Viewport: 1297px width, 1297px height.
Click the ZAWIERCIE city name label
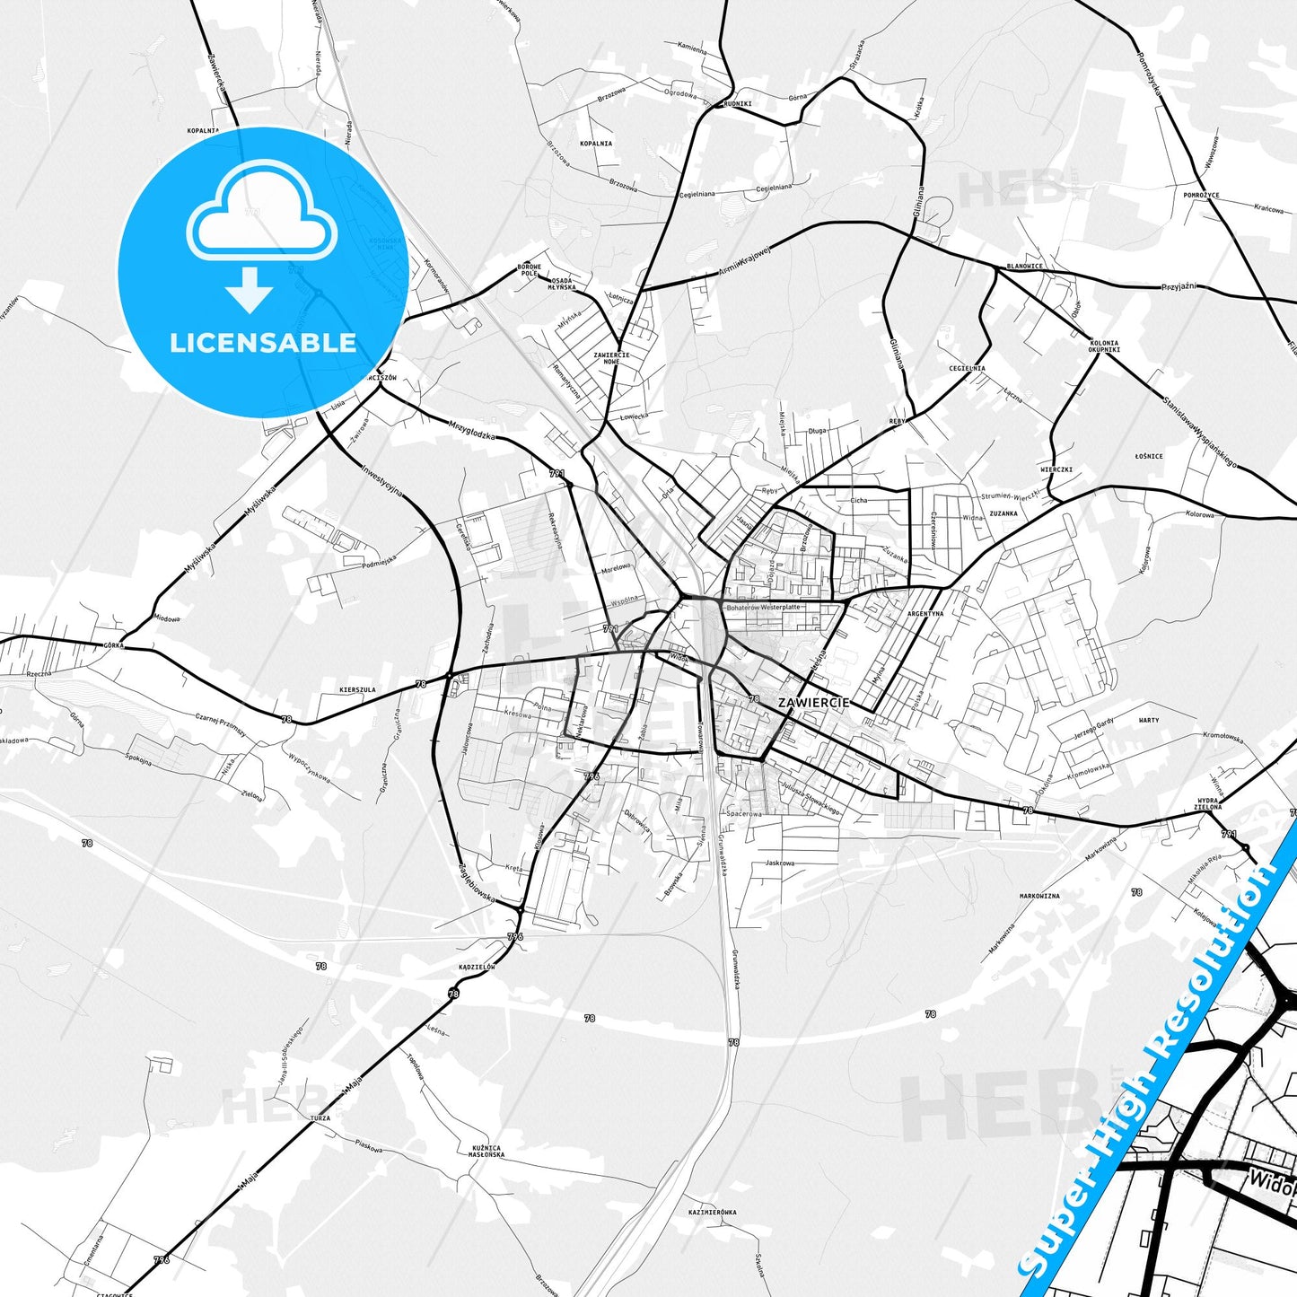(x=813, y=702)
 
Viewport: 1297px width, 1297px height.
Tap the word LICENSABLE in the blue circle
(x=263, y=343)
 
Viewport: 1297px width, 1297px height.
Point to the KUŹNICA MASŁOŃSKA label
(x=486, y=1151)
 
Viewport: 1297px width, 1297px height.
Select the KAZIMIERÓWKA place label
(x=712, y=1212)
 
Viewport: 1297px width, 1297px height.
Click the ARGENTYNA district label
(x=925, y=614)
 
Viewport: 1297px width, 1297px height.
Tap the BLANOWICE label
(x=1024, y=266)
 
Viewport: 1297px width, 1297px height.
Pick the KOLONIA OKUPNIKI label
(x=1104, y=346)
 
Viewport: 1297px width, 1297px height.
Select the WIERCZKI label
(x=1056, y=469)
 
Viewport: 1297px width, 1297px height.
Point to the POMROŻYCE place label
(x=1201, y=195)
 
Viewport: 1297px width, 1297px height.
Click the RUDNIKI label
(x=737, y=103)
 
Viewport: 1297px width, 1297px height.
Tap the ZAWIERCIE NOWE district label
(x=611, y=358)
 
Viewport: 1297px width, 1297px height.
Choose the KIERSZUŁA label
(x=357, y=689)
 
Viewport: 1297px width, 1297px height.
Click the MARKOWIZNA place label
(x=1039, y=896)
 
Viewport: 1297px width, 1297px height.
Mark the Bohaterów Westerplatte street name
(x=762, y=608)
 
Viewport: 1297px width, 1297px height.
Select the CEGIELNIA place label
(x=967, y=368)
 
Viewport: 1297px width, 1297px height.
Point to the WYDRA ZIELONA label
(x=1208, y=803)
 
